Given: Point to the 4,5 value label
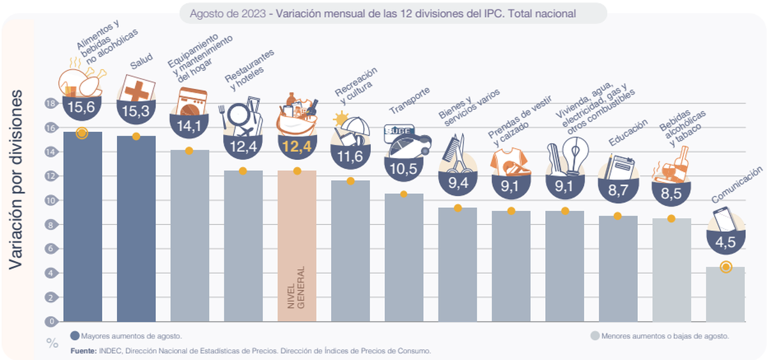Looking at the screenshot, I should [725, 243].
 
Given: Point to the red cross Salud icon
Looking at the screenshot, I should [137, 88].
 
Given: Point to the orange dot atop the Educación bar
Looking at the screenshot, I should [617, 216].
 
